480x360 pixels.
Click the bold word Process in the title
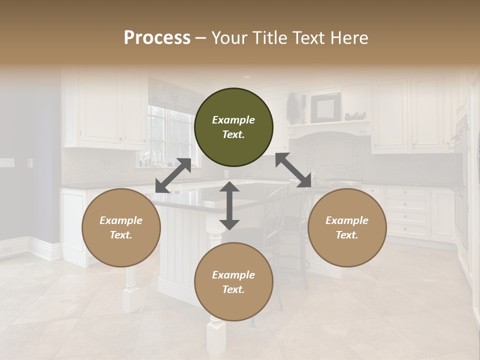coord(157,38)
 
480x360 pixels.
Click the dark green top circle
coord(233,127)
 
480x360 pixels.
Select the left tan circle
coord(121,227)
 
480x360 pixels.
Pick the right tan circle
coord(347,227)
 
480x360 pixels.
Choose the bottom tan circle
coord(233,282)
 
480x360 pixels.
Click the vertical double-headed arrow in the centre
coord(229,205)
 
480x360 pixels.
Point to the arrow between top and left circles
coord(173,175)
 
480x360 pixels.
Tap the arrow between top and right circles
coord(293,170)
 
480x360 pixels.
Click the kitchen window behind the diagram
coord(169,135)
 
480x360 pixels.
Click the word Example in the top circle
coord(233,120)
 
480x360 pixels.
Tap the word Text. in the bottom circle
coord(233,289)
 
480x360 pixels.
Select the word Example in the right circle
coord(347,220)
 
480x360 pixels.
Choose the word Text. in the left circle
coord(121,235)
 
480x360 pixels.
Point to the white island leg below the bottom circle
coord(216,337)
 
